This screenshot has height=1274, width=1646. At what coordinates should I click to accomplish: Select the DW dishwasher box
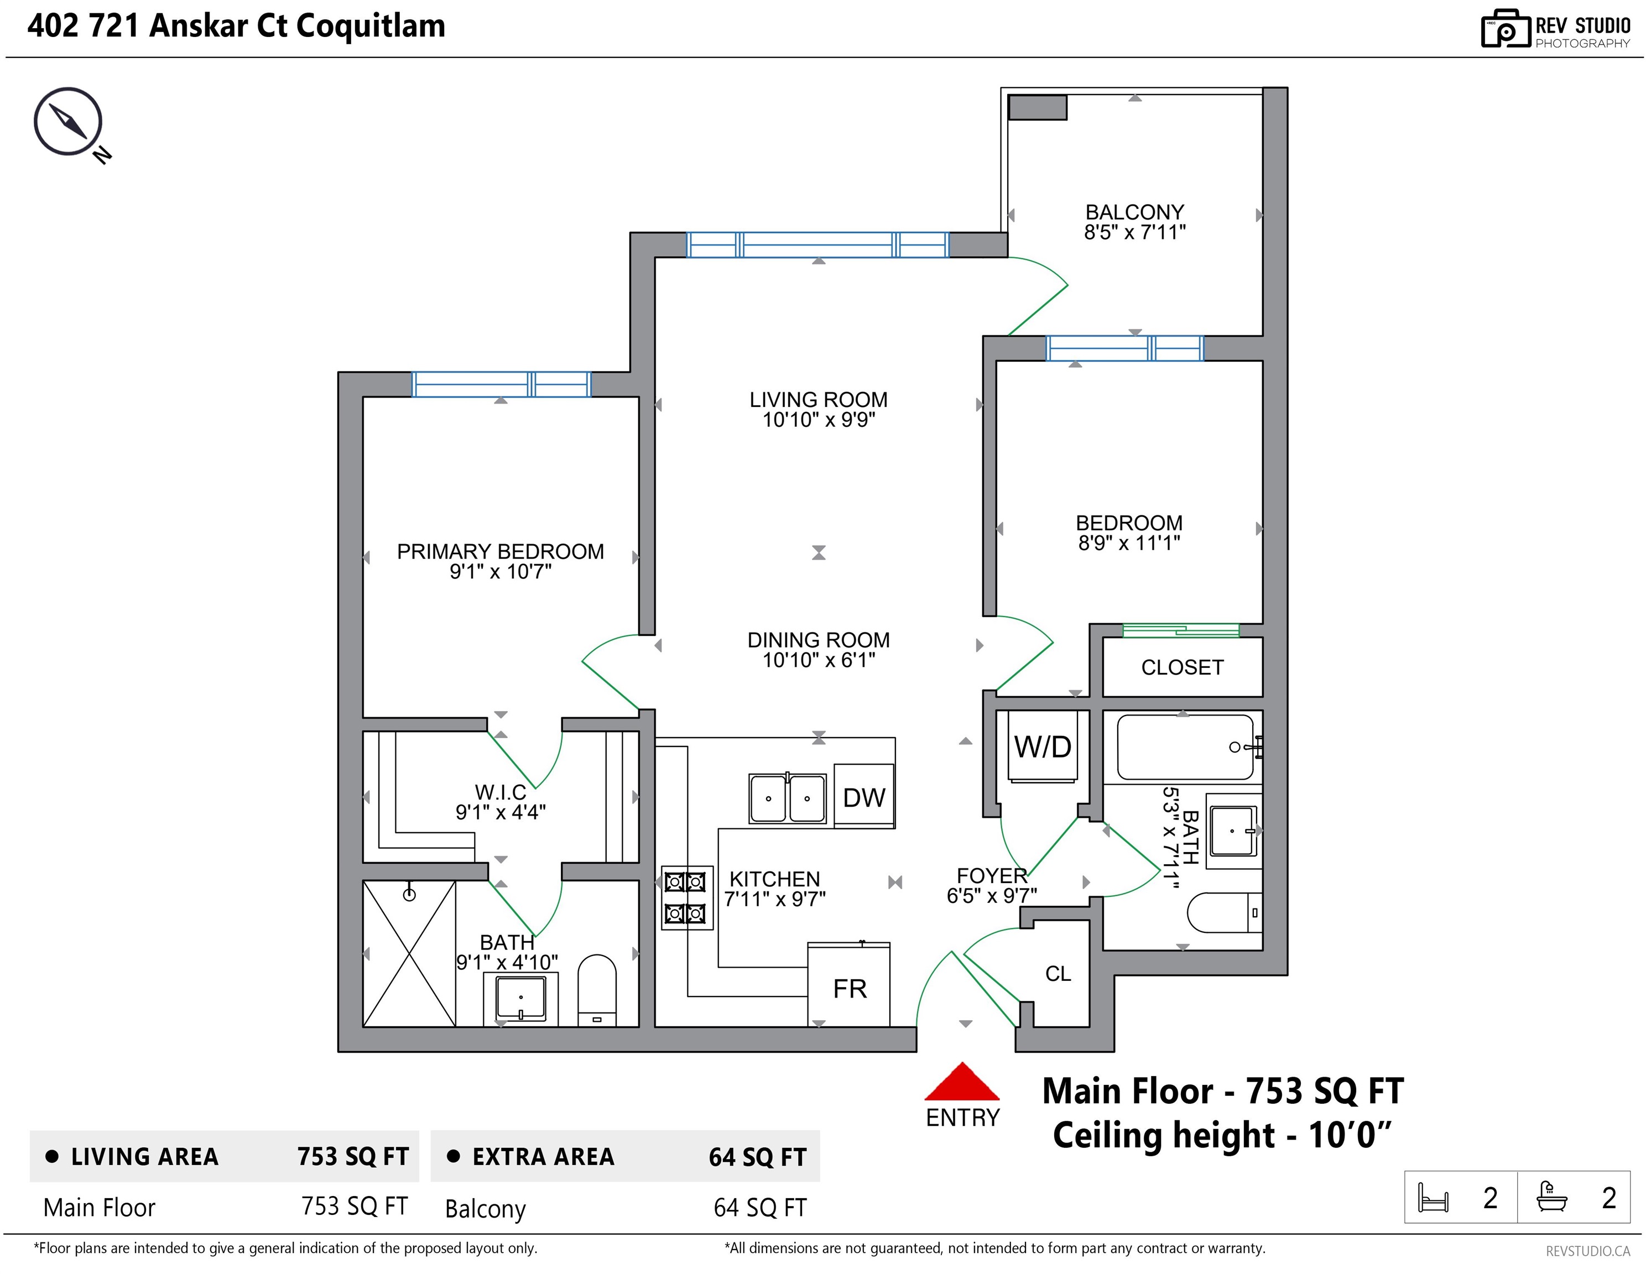click(864, 796)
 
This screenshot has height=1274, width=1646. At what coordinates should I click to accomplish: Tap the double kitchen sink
click(788, 798)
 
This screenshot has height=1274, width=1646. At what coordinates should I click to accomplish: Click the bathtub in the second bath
click(1186, 746)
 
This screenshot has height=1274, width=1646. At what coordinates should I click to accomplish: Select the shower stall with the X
click(409, 954)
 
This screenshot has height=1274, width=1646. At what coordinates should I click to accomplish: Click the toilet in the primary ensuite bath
click(597, 990)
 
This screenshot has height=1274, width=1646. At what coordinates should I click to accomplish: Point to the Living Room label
click(819, 399)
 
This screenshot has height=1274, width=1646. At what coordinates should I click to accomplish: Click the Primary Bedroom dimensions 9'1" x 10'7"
click(501, 572)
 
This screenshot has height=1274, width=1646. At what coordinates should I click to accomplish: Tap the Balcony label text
click(1134, 212)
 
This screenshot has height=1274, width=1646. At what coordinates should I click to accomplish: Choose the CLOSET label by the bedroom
click(1183, 667)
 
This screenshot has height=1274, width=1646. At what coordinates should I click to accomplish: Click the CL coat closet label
click(1058, 974)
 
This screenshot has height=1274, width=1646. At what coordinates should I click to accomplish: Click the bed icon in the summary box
click(1433, 1198)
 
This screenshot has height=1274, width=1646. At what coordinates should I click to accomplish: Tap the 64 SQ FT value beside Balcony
click(760, 1208)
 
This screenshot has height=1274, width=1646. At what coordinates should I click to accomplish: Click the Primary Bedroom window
click(501, 384)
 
